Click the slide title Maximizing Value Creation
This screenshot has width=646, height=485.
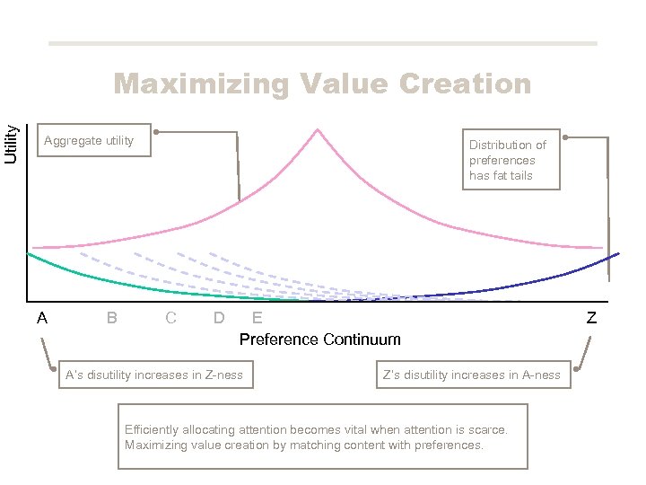pos(322,84)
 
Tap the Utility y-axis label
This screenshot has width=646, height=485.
pos(12,142)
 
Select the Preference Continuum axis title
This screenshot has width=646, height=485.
pos(319,339)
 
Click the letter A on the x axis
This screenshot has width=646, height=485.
pos(42,318)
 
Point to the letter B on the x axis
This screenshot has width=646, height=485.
pos(111,318)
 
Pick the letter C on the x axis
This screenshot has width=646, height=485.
pos(170,318)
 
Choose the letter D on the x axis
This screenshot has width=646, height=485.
pos(219,318)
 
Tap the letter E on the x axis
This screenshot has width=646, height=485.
pos(258,318)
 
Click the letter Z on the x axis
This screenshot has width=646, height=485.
pos(591,318)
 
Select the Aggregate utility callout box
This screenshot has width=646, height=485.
pos(93,140)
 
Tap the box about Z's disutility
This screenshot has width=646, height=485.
pos(471,375)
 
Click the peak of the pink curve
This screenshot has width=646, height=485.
pos(318,130)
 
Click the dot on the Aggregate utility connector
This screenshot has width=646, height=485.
pos(156,133)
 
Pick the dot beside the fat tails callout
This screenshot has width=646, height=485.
pos(565,137)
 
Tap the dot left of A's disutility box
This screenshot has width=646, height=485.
pos(54,367)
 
